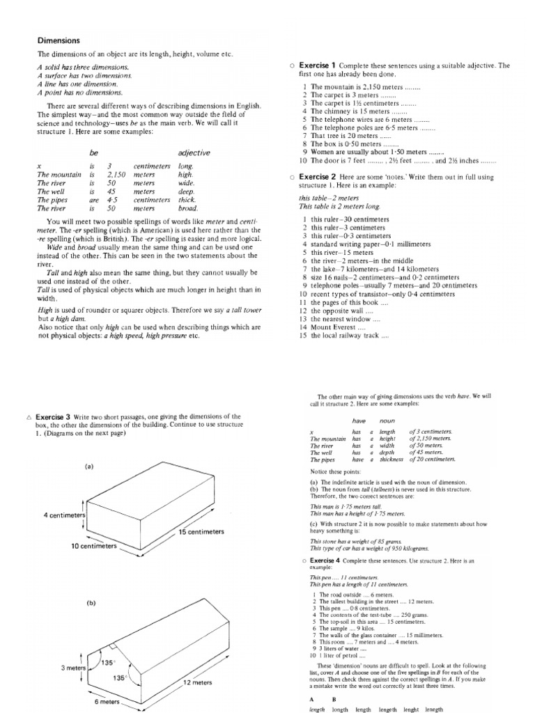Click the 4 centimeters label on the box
[64, 515]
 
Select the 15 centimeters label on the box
[201, 531]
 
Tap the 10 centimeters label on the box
[93, 547]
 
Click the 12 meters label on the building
[197, 683]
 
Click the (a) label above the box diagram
[90, 467]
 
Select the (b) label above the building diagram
[91, 603]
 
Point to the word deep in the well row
[186, 191]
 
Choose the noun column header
[387, 421]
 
